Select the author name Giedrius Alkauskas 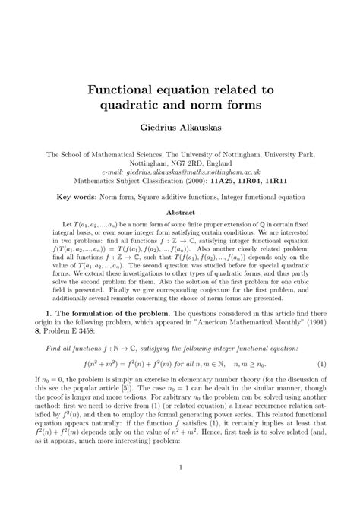point(180,131)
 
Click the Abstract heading point(180,213)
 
